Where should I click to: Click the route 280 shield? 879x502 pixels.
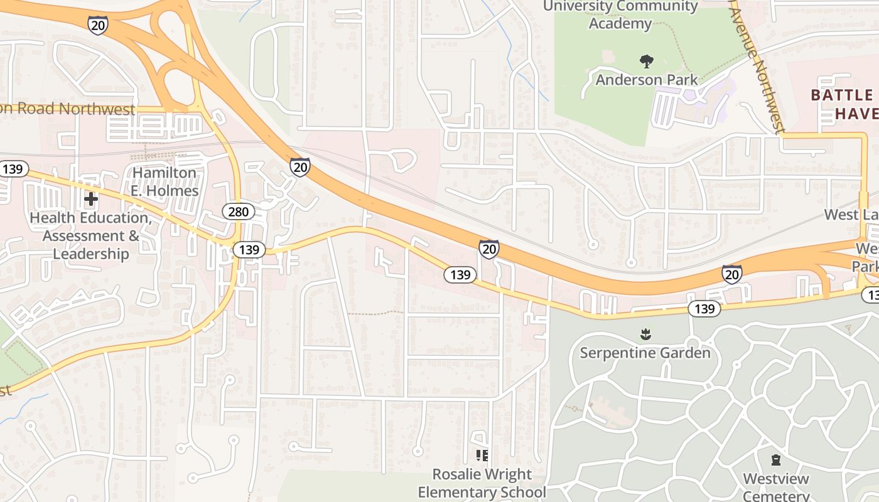pyautogui.click(x=238, y=211)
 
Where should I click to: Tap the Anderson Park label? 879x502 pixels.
pyautogui.click(x=647, y=80)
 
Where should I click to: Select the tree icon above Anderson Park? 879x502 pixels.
pyautogui.click(x=646, y=61)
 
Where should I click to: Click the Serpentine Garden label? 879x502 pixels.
pyautogui.click(x=645, y=353)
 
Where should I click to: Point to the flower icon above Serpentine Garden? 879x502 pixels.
pyautogui.click(x=645, y=334)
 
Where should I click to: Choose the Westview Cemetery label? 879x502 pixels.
pyautogui.click(x=776, y=487)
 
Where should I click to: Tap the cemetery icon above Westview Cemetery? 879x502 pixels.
pyautogui.click(x=776, y=461)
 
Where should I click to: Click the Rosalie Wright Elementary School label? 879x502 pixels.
pyautogui.click(x=482, y=483)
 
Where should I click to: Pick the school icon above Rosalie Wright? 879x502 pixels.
pyautogui.click(x=482, y=456)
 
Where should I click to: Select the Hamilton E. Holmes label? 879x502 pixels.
pyautogui.click(x=164, y=182)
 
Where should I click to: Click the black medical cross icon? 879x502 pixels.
pyautogui.click(x=91, y=200)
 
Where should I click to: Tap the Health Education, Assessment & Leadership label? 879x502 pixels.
pyautogui.click(x=91, y=236)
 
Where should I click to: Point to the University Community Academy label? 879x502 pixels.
pyautogui.click(x=620, y=15)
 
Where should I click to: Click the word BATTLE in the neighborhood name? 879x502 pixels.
pyautogui.click(x=842, y=95)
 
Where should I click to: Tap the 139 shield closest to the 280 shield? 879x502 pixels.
pyautogui.click(x=249, y=250)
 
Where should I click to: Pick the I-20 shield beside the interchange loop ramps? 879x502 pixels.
pyautogui.click(x=99, y=24)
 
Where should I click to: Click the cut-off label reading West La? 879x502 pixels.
pyautogui.click(x=851, y=215)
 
